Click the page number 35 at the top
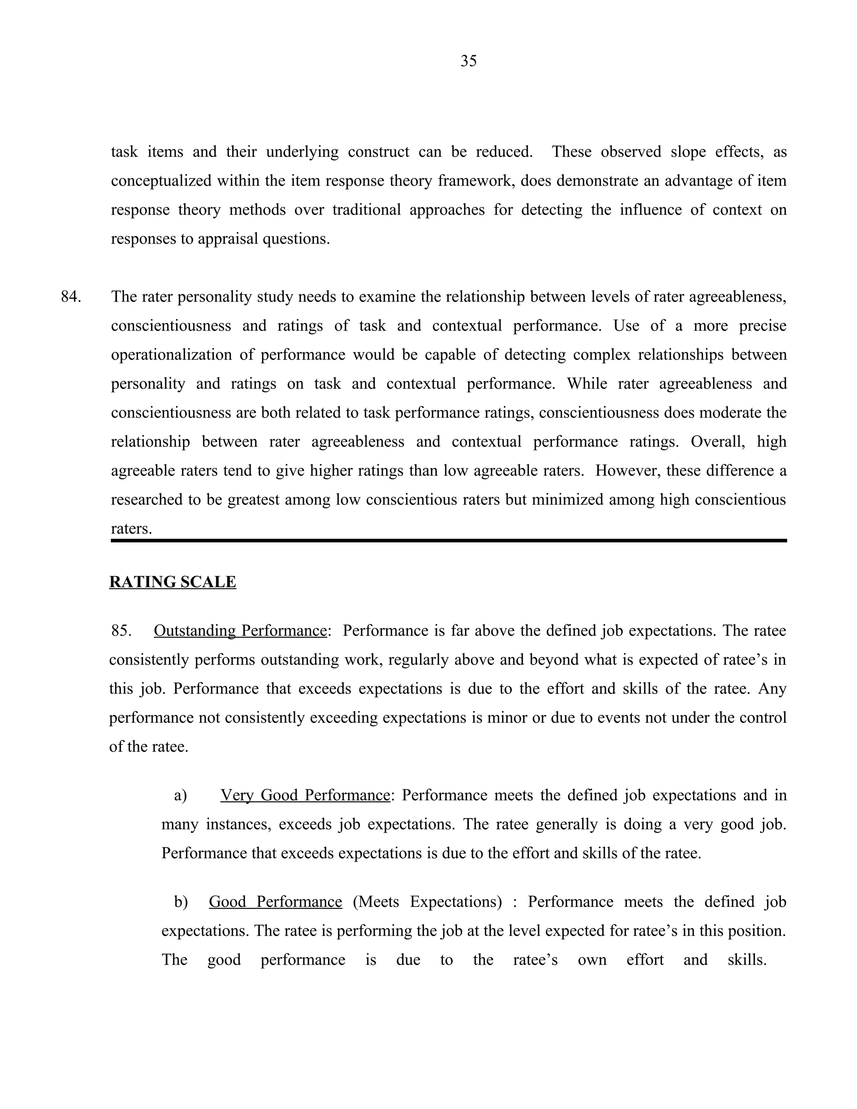pyautogui.click(x=468, y=61)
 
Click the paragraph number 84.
pyautogui.click(x=71, y=297)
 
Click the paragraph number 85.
pyautogui.click(x=121, y=631)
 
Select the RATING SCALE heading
pyautogui.click(x=173, y=582)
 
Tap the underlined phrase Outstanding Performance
pyautogui.click(x=240, y=631)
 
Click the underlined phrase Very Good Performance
pyautogui.click(x=305, y=795)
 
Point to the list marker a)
pyautogui.click(x=180, y=795)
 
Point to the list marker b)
pyautogui.click(x=181, y=902)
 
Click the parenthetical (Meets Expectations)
pyautogui.click(x=427, y=902)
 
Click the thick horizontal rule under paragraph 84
pyautogui.click(x=449, y=541)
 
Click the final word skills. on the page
pyautogui.click(x=747, y=960)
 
